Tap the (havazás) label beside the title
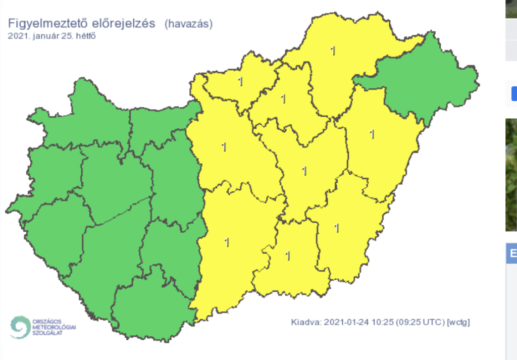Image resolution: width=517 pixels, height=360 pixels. [188, 24]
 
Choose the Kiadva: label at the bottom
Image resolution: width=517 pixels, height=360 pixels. [306, 322]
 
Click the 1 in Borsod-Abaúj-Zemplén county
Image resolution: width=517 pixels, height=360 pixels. [332, 50]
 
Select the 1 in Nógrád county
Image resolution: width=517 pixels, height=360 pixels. [240, 82]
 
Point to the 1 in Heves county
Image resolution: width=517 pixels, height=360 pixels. [283, 98]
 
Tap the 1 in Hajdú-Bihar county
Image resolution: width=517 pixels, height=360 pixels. [373, 134]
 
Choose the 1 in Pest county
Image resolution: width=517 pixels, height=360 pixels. [224, 148]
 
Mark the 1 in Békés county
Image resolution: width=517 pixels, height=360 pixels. [337, 228]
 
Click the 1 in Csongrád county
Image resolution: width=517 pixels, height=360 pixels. [288, 256]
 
